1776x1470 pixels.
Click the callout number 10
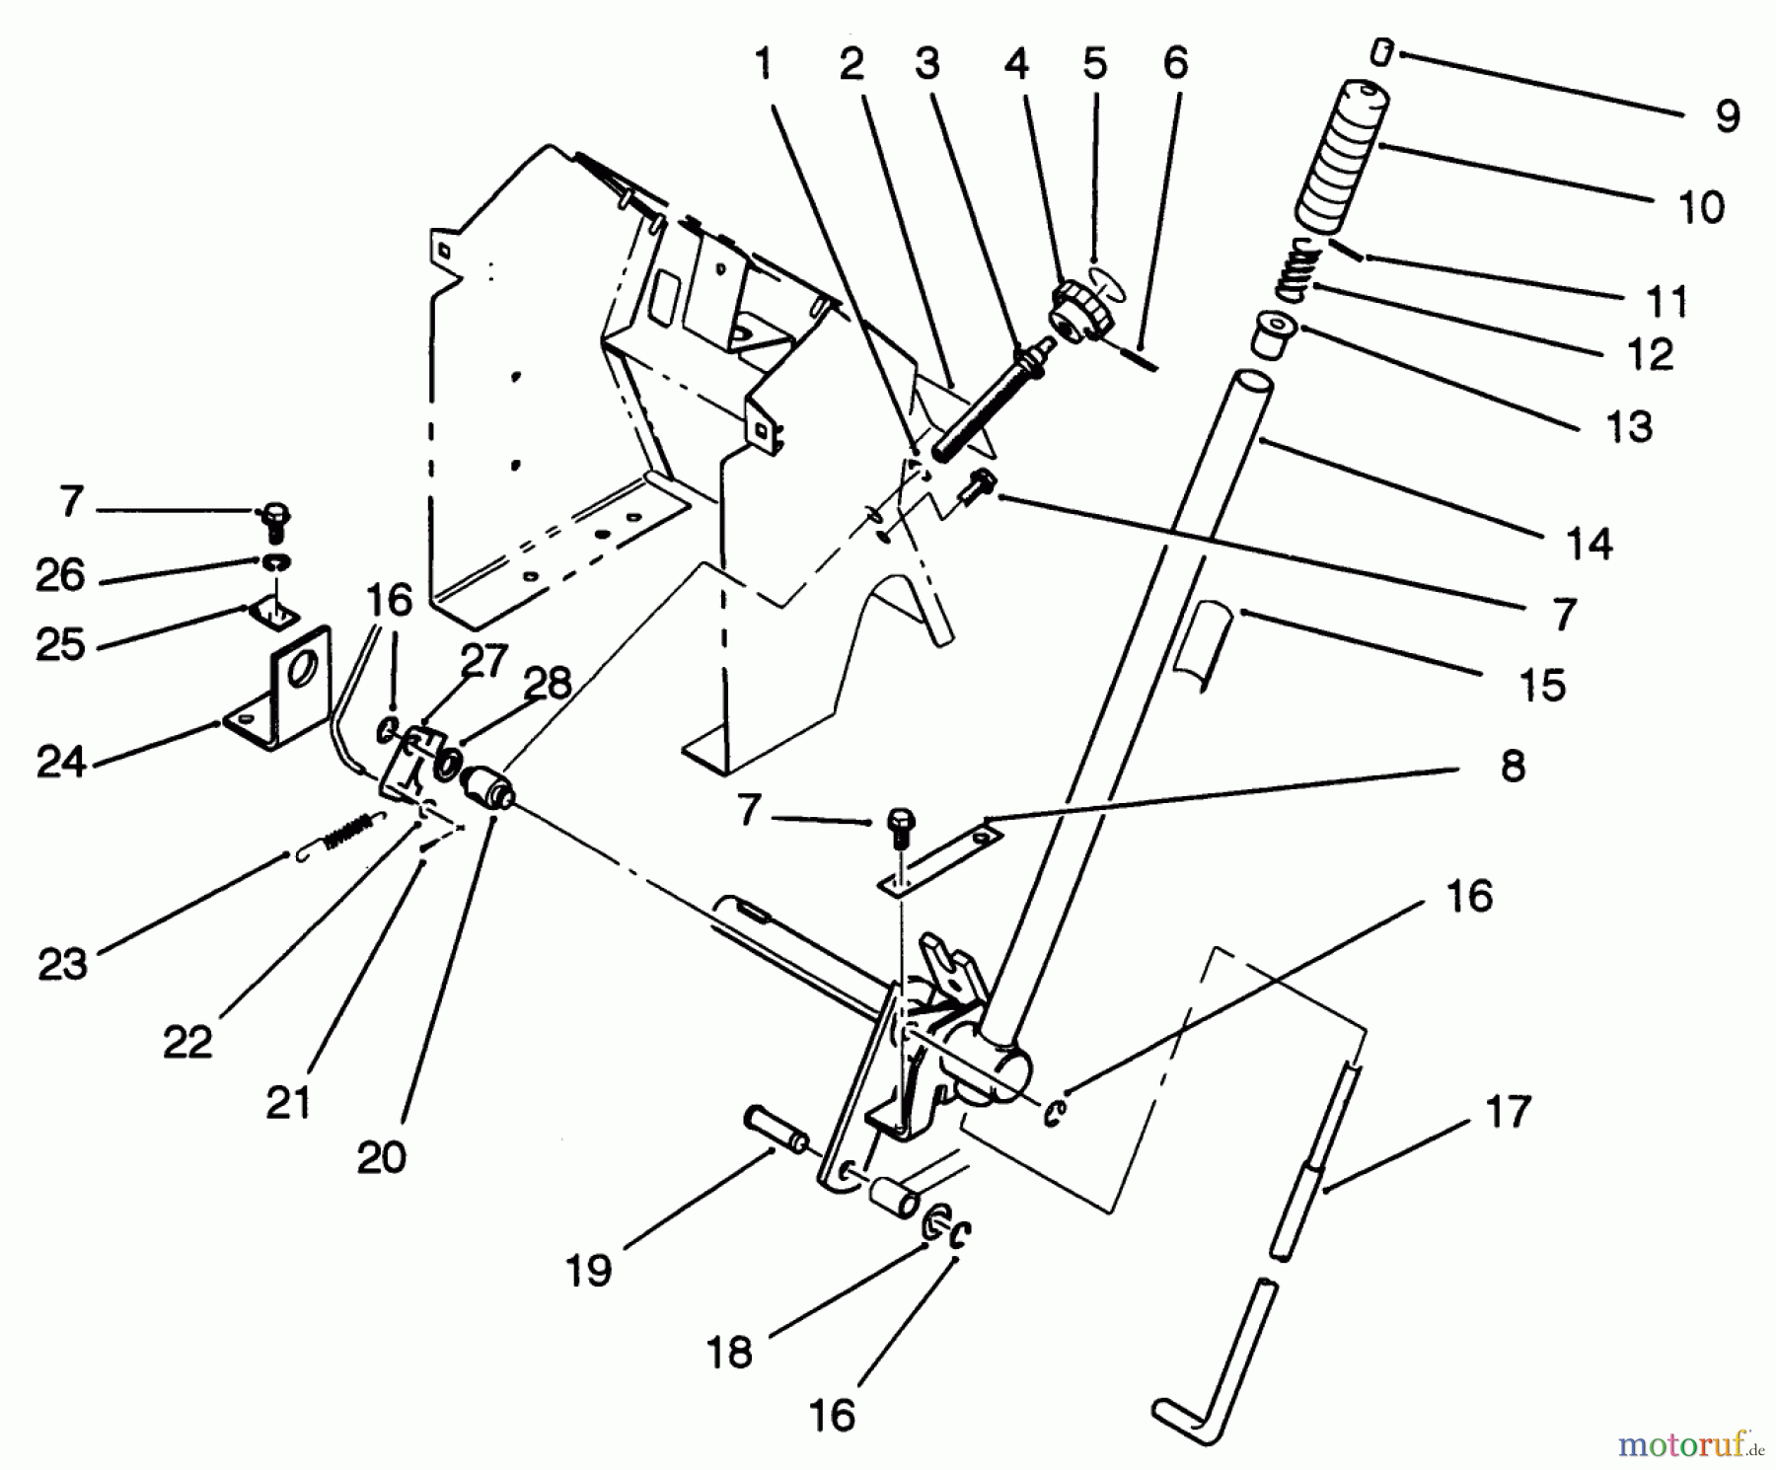1700,208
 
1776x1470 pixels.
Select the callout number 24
61,762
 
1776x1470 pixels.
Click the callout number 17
1507,1112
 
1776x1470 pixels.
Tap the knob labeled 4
1081,310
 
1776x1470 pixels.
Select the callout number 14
1590,544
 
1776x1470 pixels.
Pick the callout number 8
1513,766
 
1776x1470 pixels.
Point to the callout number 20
382,1156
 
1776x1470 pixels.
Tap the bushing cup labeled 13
1272,334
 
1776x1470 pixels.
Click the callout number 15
1542,684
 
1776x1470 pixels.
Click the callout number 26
61,575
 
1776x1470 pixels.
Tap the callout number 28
548,683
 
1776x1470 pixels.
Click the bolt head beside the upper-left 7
273,518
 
